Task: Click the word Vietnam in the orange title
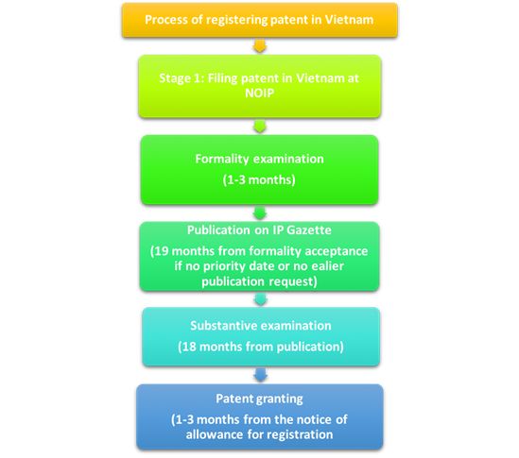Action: [349, 20]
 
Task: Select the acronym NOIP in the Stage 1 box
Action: [259, 93]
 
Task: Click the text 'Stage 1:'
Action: [182, 78]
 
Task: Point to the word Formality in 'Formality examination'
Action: [222, 159]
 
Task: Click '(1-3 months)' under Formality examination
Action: [259, 179]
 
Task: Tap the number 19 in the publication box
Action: [162, 251]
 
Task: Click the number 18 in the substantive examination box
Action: [190, 347]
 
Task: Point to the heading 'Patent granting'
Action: [259, 399]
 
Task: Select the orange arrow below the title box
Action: [259, 46]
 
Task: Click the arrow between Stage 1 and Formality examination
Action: [259, 127]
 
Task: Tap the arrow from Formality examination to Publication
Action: [260, 213]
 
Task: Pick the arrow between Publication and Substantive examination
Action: [261, 299]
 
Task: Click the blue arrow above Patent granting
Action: [261, 375]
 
